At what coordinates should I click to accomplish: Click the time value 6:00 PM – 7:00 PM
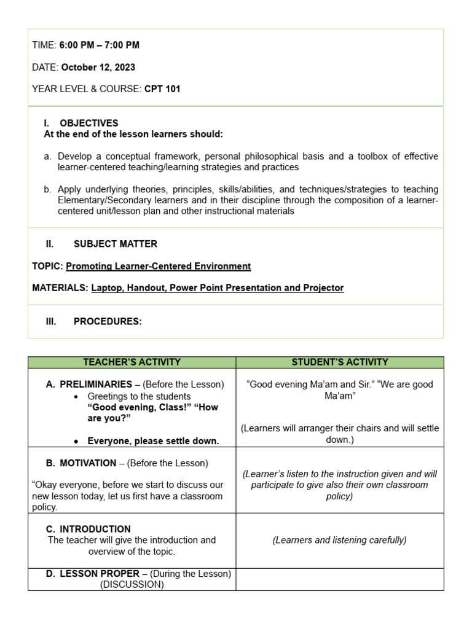point(99,45)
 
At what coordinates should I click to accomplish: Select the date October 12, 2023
point(98,67)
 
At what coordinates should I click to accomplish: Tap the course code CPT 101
point(162,89)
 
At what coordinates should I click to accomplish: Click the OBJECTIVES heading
point(88,123)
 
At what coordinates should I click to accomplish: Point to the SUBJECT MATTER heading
point(115,244)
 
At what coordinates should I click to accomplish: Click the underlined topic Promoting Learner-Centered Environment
point(158,266)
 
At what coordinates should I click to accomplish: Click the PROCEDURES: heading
point(108,321)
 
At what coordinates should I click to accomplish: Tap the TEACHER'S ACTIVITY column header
point(132,362)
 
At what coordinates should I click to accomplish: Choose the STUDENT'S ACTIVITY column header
point(340,362)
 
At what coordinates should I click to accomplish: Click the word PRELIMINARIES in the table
point(95,385)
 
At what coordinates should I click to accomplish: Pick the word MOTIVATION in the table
point(88,463)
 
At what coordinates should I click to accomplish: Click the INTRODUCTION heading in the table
point(95,529)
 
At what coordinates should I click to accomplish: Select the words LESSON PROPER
point(100,574)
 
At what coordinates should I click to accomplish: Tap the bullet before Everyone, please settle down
point(76,441)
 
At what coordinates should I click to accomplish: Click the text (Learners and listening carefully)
point(339,540)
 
